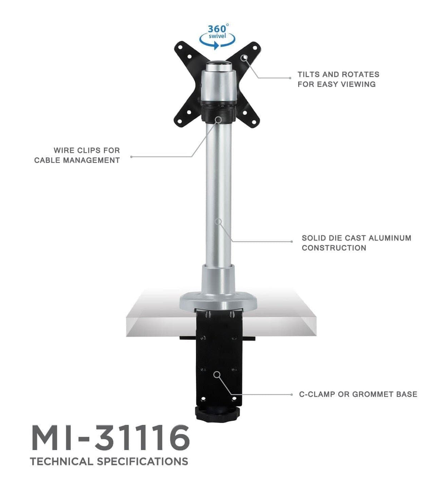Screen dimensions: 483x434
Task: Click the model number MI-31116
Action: tap(110, 438)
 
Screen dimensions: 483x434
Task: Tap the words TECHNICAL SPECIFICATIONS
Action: tap(109, 461)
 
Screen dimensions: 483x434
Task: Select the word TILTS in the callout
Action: tap(309, 74)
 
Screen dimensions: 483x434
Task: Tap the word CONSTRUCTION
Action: tap(334, 248)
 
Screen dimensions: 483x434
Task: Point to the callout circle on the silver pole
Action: tap(218, 222)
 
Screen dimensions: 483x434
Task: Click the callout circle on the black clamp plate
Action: tap(217, 374)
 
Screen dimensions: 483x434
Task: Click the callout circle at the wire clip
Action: tap(218, 119)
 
